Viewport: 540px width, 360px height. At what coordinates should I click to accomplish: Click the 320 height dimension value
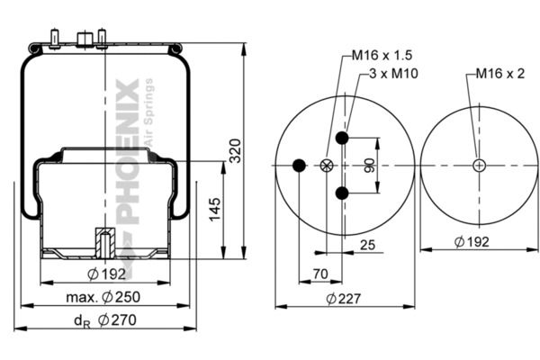pos(236,150)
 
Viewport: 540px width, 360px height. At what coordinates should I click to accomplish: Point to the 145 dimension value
pos(215,210)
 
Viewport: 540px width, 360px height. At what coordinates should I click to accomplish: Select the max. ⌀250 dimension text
pos(103,297)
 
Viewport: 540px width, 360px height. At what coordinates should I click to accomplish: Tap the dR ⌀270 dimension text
pos(105,320)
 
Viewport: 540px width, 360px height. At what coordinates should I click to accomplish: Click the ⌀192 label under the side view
pos(106,274)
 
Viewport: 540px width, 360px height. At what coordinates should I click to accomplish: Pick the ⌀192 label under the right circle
pos(472,241)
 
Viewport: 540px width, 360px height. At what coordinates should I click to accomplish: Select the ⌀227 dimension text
pos(344,298)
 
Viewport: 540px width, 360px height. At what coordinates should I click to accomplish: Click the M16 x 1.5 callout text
pos(382,55)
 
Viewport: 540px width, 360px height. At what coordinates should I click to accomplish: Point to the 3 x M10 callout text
pos(393,74)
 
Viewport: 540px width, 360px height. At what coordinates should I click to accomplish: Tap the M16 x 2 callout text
pos(500,74)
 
